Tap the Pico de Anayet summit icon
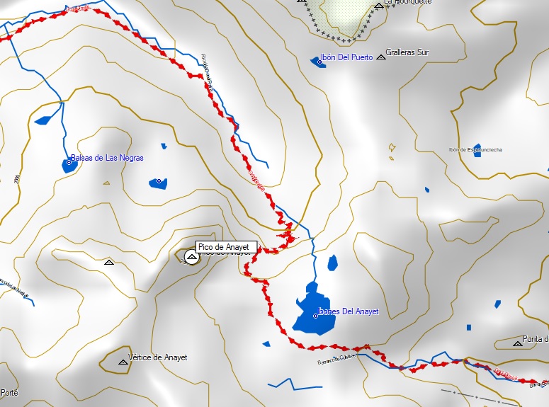(191, 256)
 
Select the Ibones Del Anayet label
(349, 311)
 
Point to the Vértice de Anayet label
(157, 357)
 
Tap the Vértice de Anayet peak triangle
(123, 362)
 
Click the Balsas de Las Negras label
(107, 158)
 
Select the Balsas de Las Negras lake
(69, 165)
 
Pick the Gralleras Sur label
(407, 53)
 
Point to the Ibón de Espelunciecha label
(475, 150)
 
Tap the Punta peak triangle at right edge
(517, 343)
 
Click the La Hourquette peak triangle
(378, 5)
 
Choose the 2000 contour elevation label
(16, 180)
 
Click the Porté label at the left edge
(9, 392)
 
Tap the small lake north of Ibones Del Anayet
(332, 263)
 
